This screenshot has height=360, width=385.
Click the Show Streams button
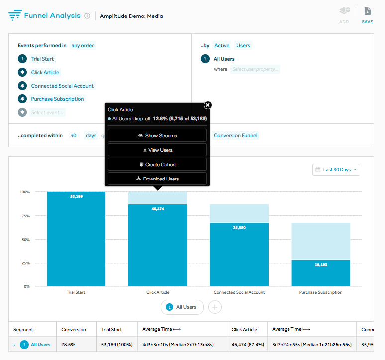click(x=157, y=135)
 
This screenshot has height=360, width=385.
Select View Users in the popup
click(x=157, y=150)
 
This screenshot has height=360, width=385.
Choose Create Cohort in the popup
click(x=157, y=164)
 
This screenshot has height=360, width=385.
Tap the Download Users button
click(x=157, y=179)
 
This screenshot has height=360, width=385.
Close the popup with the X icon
click(x=208, y=105)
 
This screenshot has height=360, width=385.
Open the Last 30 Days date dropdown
click(x=336, y=170)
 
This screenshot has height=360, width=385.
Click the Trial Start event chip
click(x=42, y=59)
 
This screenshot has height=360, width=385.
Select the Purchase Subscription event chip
click(x=57, y=99)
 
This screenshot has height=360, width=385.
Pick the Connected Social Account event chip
click(x=62, y=86)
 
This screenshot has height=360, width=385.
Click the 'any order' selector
click(x=83, y=45)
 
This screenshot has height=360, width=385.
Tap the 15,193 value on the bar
click(x=321, y=265)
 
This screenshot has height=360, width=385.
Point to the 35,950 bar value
click(x=239, y=227)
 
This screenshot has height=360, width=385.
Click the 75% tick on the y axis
click(x=25, y=216)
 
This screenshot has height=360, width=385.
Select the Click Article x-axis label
click(x=158, y=292)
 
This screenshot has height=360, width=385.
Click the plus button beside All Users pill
click(x=215, y=307)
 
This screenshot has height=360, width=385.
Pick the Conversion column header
click(x=74, y=329)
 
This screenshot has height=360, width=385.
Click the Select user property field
click(x=255, y=69)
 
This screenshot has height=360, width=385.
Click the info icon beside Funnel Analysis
click(x=87, y=16)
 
